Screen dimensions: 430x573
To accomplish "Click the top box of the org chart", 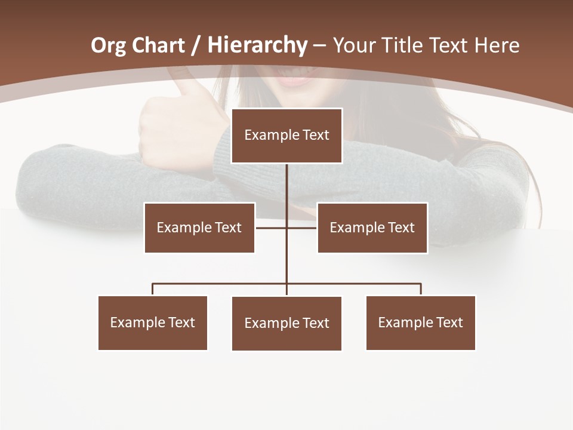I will click(x=286, y=136).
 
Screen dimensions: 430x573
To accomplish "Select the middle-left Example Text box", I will click(x=199, y=228).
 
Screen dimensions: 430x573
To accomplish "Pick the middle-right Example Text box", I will click(x=372, y=228).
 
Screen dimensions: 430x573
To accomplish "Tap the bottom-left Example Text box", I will click(x=153, y=322).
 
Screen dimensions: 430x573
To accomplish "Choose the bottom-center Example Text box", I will click(x=286, y=323).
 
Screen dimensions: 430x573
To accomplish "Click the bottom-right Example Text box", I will click(x=421, y=322).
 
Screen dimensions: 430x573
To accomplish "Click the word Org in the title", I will click(x=108, y=45).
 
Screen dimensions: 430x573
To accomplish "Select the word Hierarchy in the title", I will click(x=257, y=45).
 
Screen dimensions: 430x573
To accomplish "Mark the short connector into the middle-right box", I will click(x=302, y=228).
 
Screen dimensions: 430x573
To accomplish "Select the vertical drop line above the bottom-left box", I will click(x=153, y=289).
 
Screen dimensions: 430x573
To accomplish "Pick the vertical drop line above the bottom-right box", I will click(x=421, y=289).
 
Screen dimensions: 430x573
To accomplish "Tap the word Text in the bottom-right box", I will click(x=449, y=322).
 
